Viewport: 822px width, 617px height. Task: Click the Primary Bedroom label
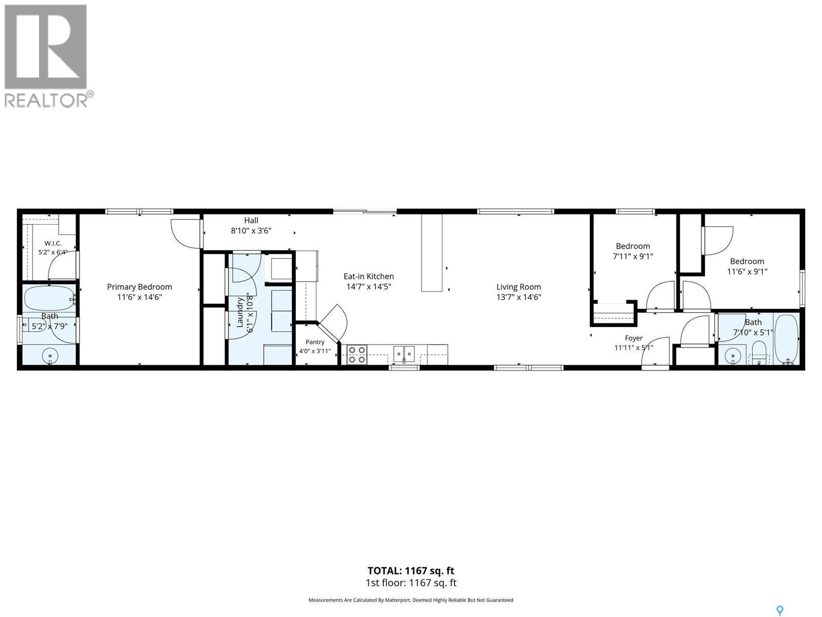pos(139,287)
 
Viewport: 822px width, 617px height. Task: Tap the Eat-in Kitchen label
pos(368,277)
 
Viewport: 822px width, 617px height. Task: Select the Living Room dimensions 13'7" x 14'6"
pos(518,298)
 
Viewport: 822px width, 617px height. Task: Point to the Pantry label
pos(314,342)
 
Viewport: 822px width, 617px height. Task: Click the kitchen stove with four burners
pos(357,354)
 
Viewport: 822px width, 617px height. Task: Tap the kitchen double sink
pos(404,354)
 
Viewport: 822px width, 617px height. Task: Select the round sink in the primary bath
pos(50,354)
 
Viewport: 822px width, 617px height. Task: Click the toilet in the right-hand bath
pos(759,353)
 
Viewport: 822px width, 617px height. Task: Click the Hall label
pos(251,221)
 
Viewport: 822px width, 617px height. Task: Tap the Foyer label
pos(633,338)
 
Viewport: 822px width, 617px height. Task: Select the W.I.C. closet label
pos(53,244)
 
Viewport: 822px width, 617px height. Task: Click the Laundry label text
pos(240,313)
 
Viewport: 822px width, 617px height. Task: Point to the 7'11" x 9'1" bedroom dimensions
pos(633,257)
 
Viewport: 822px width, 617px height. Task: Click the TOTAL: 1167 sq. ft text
pos(411,571)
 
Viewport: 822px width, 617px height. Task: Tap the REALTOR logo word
pos(46,100)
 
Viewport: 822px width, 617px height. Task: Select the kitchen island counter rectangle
pos(432,252)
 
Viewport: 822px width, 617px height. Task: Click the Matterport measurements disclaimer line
pos(411,600)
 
